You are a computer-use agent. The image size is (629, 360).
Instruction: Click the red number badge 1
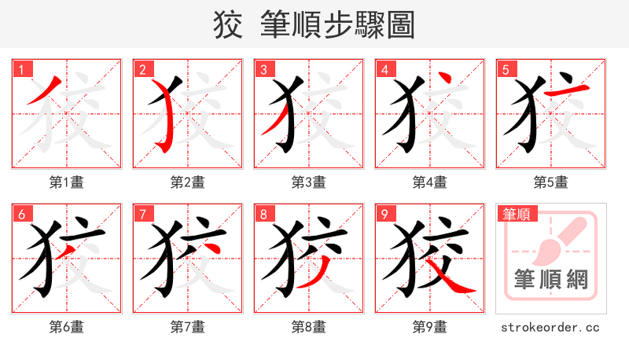(x=21, y=68)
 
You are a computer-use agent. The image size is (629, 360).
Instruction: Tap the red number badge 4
(x=384, y=68)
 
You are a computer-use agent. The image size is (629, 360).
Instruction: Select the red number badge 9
(x=384, y=213)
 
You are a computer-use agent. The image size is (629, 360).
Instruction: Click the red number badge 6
(x=21, y=213)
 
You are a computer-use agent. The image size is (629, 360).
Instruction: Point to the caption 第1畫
(x=67, y=182)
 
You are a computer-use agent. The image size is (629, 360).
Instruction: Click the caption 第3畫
(x=309, y=182)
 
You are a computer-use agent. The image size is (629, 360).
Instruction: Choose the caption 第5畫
(x=550, y=182)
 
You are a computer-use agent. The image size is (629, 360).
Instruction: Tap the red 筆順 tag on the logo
(x=514, y=213)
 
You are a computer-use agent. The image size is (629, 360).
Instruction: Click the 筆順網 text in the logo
(x=550, y=279)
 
